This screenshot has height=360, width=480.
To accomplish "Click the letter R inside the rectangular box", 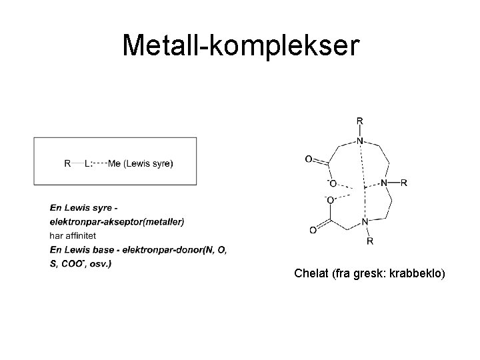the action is pos(67,162).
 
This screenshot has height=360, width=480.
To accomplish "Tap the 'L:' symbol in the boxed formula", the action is pos(89,162).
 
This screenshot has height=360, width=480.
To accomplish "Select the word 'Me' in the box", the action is pos(114,162).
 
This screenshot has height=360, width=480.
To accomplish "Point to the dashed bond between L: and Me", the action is pos(100,162).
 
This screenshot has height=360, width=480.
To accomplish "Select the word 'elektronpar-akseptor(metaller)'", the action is pos(117,221).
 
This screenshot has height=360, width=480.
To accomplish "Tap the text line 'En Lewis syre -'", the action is pos(85,207).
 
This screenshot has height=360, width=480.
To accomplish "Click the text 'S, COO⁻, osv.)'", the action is pos(81,263).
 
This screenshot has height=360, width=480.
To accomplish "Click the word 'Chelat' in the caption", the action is pos(309,274).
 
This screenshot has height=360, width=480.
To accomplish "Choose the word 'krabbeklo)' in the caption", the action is pos(421,274).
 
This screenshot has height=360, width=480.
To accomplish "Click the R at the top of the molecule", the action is pos(360,121).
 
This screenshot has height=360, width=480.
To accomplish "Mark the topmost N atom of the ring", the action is pos(360,141).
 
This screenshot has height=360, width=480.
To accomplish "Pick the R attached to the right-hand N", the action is pos(404,182).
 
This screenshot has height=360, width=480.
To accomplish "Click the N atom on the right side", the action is pos(384,182).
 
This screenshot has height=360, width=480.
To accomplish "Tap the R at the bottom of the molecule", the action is pos(370,240).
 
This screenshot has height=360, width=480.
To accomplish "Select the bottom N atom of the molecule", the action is pos(364,222).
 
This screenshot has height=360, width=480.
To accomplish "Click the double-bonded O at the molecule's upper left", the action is pos(308,159).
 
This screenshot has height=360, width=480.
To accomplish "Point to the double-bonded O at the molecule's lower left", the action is pos(313,231).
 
